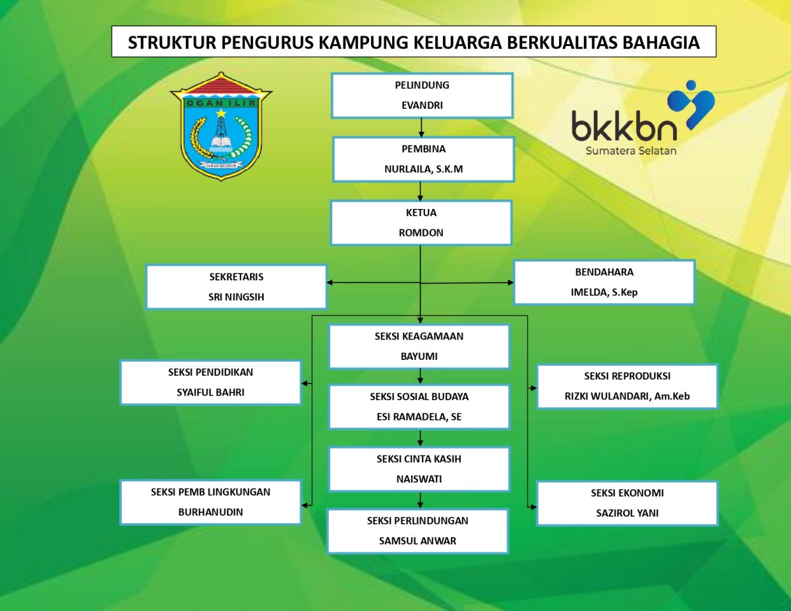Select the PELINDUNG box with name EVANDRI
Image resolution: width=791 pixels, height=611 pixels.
[423, 96]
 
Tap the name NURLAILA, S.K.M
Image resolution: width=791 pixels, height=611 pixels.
[424, 169]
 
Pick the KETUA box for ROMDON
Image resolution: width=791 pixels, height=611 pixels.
[421, 223]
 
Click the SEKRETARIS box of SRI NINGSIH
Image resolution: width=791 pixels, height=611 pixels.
[236, 287]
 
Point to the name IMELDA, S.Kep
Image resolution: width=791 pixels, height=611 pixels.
[604, 292]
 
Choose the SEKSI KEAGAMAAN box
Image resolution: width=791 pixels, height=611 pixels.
[419, 347]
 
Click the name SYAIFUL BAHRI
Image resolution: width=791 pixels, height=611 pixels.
[210, 392]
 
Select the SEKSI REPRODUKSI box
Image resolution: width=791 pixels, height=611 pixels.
[627, 386]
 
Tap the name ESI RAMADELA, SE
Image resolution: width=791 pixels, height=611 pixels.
[419, 417]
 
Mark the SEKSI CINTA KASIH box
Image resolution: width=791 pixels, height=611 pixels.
[419, 469]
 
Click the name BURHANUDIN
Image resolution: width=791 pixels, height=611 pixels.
[210, 512]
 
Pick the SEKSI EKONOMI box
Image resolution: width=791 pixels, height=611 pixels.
[627, 504]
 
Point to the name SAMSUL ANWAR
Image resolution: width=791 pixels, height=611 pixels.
[417, 540]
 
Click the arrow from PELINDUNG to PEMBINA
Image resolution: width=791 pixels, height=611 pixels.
[421, 128]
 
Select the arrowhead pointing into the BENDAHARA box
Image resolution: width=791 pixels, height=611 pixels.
[510, 282]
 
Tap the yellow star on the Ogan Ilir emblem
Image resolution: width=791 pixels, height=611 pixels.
[221, 113]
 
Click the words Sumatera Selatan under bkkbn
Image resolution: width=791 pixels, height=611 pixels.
[631, 151]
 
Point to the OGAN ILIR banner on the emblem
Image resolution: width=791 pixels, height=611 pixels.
[221, 103]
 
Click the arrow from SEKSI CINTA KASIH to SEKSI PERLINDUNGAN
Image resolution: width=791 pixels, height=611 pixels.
[420, 500]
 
